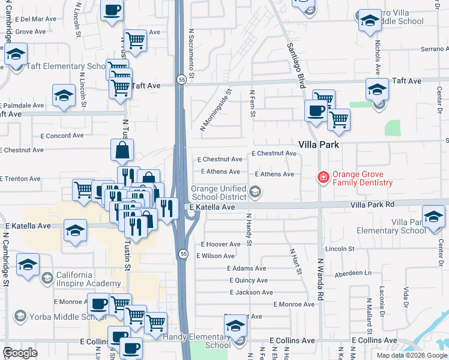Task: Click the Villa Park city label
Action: point(319,145)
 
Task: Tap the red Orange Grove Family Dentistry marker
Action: point(323,176)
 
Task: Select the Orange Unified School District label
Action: point(218,193)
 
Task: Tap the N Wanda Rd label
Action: point(321,280)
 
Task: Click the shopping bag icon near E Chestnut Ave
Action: point(122,151)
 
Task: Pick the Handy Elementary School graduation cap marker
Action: point(236,327)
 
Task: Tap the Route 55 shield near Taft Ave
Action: point(181,79)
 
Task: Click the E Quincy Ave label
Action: point(249,280)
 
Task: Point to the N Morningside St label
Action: point(216,110)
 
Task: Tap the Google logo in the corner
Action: point(20,353)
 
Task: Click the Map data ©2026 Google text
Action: point(412,355)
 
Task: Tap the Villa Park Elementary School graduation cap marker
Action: point(433,217)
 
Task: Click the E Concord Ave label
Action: point(62,136)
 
